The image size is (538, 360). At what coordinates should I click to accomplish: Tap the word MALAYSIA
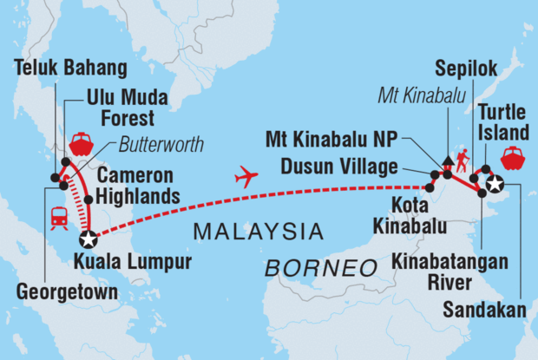[x=259, y=232]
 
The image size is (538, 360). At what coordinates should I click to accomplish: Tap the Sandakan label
[x=480, y=309]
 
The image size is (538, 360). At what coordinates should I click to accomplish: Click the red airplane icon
[x=246, y=178]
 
